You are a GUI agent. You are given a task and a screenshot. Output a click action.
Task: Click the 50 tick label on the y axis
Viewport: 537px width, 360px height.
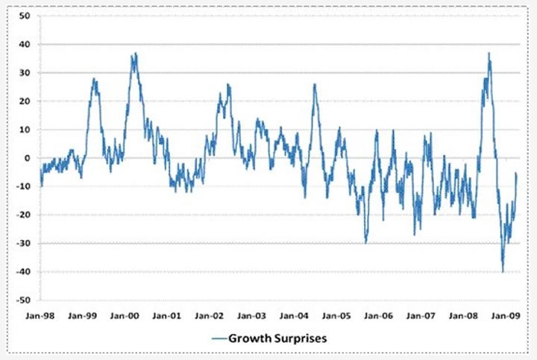coord(24,16)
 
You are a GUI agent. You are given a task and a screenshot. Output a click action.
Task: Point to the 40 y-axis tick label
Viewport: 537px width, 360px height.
coord(24,44)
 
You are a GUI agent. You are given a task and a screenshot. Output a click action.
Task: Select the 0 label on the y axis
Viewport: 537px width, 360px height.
coord(26,158)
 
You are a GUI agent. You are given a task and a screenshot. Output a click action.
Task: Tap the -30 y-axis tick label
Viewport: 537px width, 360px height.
coord(22,244)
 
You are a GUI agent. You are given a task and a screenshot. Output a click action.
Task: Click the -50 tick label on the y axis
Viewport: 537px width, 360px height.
coord(22,300)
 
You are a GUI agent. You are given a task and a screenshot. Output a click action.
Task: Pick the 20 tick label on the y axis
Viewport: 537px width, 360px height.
coord(24,101)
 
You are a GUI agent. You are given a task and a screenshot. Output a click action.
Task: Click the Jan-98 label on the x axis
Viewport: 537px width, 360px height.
coord(40,316)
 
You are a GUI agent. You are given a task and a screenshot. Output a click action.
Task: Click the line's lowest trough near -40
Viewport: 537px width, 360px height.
coord(503,271)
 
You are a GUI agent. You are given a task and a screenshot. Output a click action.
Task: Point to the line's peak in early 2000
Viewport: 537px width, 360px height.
coord(135,54)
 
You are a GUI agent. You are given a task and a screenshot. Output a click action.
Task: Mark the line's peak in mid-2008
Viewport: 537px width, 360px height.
coord(489,54)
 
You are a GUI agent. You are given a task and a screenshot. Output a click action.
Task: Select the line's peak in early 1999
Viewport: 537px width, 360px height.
coord(94,78)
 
